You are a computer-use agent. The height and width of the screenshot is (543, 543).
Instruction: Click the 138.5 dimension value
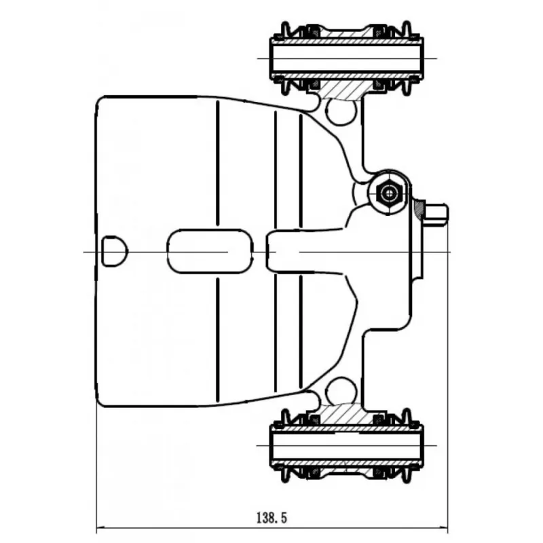click(x=272, y=518)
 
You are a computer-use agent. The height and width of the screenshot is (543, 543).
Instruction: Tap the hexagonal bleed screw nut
click(x=388, y=193)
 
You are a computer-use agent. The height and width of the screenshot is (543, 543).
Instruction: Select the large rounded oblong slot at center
click(x=210, y=251)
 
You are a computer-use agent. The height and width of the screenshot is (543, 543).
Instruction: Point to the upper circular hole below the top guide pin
click(x=341, y=111)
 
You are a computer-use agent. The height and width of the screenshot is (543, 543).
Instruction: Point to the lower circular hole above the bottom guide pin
click(x=341, y=392)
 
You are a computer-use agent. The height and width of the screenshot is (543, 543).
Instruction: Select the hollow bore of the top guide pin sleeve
click(x=346, y=58)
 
